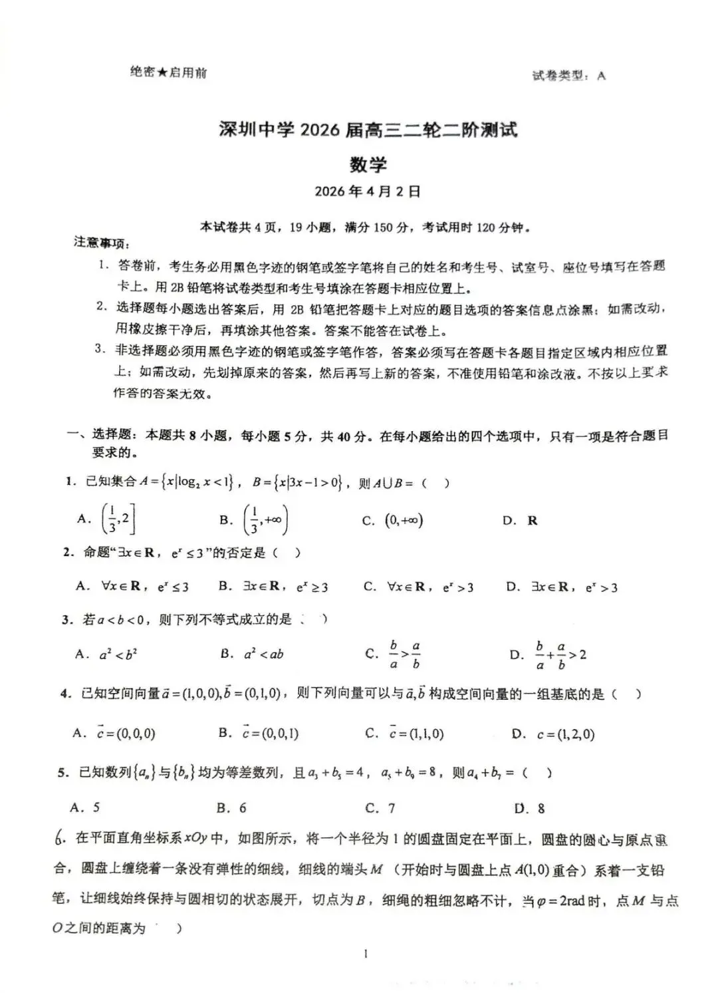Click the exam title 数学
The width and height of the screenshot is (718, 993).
(x=368, y=164)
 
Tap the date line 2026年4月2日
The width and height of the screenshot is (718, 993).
(x=368, y=192)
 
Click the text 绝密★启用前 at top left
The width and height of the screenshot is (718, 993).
(x=168, y=72)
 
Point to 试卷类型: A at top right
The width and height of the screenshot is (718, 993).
(x=568, y=76)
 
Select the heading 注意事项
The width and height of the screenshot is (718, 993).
(x=101, y=243)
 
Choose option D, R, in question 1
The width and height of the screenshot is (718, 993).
(x=521, y=521)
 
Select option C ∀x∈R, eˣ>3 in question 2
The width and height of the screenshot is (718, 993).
(x=419, y=587)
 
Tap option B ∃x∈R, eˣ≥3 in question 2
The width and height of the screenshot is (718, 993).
(x=273, y=587)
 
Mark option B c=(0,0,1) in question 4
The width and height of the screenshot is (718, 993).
(x=259, y=733)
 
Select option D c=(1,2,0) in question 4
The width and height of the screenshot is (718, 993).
(x=554, y=734)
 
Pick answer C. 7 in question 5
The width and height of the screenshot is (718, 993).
(x=380, y=808)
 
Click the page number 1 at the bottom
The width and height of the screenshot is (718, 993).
(x=366, y=955)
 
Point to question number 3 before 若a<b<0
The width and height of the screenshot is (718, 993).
(x=66, y=620)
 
